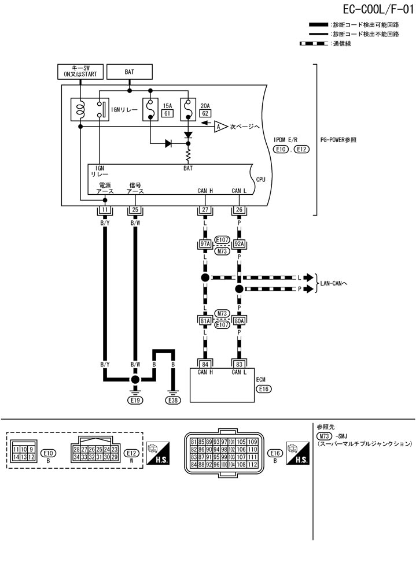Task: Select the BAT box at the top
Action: point(130,72)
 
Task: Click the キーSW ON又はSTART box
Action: point(80,72)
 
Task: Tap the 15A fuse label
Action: point(168,106)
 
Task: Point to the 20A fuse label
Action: point(204,106)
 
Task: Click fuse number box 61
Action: point(168,114)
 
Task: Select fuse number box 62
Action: point(204,114)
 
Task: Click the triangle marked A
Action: point(220,127)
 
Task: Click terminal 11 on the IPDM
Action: point(105,210)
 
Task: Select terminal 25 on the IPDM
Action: point(135,210)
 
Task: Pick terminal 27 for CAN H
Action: point(205,210)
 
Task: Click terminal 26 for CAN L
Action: point(239,210)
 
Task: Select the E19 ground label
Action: point(135,399)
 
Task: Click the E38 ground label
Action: point(173,399)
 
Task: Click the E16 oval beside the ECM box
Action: point(263,389)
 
